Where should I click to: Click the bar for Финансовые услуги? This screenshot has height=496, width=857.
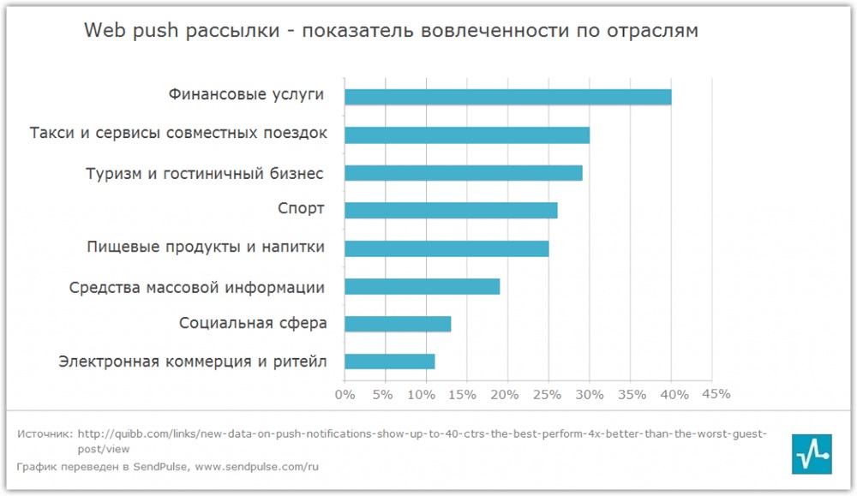pos(507,97)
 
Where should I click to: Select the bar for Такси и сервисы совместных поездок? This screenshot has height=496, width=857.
pos(466,134)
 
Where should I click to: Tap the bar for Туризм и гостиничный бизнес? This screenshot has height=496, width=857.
pos(463,173)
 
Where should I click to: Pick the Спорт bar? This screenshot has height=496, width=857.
pos(451,210)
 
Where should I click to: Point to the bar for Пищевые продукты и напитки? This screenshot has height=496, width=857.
pos(446,248)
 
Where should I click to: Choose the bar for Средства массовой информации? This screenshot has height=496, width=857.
pos(422,286)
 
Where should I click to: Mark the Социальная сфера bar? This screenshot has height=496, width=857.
pos(398,324)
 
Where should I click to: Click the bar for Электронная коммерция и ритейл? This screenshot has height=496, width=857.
pos(389,362)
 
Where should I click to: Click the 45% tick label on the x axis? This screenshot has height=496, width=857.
pos(716,394)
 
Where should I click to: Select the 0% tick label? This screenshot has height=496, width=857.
pos(345,395)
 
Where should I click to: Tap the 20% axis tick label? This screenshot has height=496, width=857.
pos(504,395)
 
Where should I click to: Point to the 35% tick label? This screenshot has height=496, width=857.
pos(632,395)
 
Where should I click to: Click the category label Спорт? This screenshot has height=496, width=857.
pos(301,209)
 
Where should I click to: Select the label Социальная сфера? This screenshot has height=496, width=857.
pos(253,323)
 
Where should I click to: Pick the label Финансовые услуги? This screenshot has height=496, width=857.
pos(247,94)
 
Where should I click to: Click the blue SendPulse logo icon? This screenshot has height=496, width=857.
pos(810,453)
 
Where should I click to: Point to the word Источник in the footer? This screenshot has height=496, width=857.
pos(44,433)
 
